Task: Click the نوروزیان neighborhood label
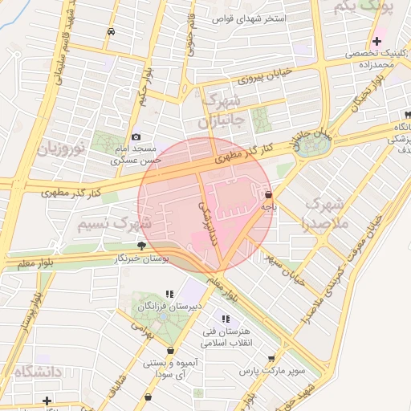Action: click(59, 149)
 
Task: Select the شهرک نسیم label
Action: click(116, 223)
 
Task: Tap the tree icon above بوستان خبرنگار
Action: click(142, 246)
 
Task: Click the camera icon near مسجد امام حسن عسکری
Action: click(136, 137)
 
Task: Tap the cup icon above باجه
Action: click(268, 194)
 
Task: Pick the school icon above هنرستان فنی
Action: click(226, 319)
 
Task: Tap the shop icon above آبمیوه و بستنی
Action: click(170, 351)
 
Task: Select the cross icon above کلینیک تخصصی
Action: click(376, 41)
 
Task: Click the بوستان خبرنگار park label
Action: click(143, 258)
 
